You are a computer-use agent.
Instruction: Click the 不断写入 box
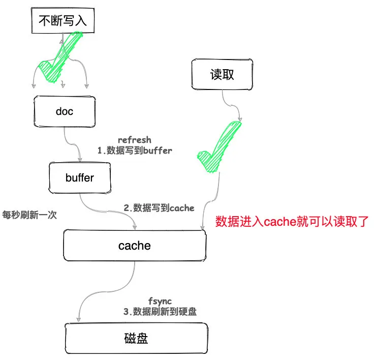(x=63, y=21)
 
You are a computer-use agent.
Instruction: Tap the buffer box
(x=79, y=177)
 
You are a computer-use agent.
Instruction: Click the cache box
(x=134, y=246)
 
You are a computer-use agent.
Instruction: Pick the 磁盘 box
(x=137, y=338)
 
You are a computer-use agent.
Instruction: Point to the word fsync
(x=156, y=302)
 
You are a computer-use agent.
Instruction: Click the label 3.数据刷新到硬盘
(x=160, y=312)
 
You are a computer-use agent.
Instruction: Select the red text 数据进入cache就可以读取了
(x=292, y=222)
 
